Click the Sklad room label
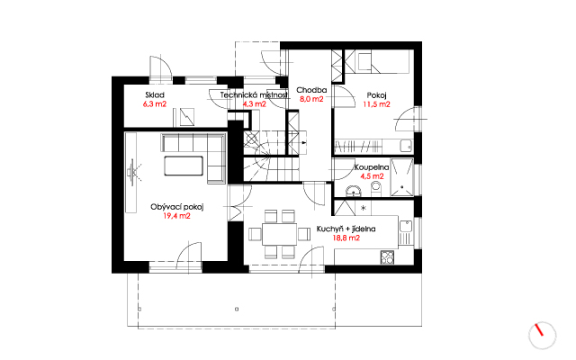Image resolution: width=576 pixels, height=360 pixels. [154, 95]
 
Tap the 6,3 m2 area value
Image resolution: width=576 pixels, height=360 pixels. [154, 104]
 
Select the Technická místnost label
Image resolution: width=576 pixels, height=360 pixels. [254, 95]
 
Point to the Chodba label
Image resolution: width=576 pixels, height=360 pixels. [311, 90]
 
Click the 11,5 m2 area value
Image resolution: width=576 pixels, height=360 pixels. [376, 104]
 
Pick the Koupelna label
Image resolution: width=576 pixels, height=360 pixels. [372, 167]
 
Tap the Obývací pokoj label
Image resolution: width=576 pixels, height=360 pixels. [176, 207]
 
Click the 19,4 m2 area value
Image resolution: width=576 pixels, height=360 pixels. [176, 216]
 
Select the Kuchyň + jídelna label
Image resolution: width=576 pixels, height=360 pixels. [346, 229]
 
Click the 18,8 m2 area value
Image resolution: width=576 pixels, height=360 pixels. [346, 238]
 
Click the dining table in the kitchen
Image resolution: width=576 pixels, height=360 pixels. [280, 234]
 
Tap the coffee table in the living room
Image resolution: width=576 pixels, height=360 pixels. [184, 166]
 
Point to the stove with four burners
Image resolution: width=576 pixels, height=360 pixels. [387, 257]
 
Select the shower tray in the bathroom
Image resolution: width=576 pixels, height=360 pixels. [402, 177]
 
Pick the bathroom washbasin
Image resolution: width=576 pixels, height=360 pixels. [354, 192]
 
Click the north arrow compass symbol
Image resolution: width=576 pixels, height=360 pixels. [542, 336]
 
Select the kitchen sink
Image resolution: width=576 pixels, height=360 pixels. [406, 226]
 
